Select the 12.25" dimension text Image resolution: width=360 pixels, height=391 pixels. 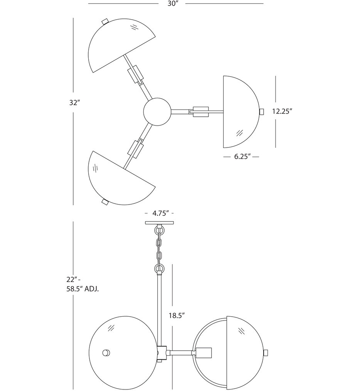(x=282, y=111)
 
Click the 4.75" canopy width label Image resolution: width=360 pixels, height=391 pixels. (x=159, y=213)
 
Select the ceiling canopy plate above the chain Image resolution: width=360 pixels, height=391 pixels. (x=159, y=223)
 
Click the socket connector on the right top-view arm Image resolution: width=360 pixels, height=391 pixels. (x=200, y=111)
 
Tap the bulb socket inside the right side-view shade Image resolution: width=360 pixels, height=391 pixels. (x=204, y=352)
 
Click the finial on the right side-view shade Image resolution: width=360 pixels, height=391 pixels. (x=265, y=352)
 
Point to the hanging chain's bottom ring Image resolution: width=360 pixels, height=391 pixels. (x=159, y=268)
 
